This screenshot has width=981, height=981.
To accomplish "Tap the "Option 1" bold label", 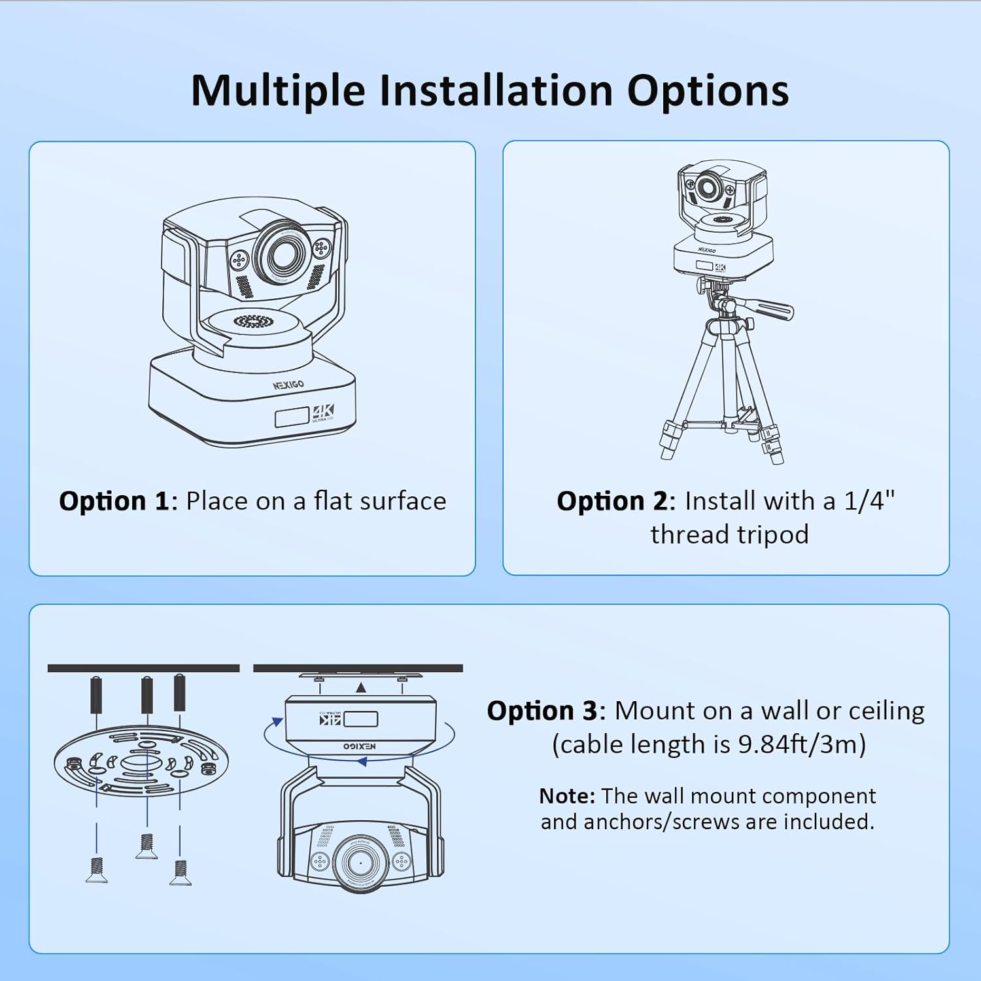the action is coord(114,501).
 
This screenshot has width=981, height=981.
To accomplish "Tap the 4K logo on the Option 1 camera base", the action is coord(323,412).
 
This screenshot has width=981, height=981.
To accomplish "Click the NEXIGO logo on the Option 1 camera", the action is coord(288,385).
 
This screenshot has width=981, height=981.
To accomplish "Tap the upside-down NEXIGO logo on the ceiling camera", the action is coord(360,746).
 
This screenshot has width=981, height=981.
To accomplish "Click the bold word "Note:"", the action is coord(567,796).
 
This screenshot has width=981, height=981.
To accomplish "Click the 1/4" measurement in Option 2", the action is coord(869,501).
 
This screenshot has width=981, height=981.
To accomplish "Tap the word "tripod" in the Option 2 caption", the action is coord(768,536).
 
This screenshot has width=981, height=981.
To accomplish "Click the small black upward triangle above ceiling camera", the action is coord(361,687).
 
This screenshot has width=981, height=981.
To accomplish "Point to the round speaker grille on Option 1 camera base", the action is coord(252,321).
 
